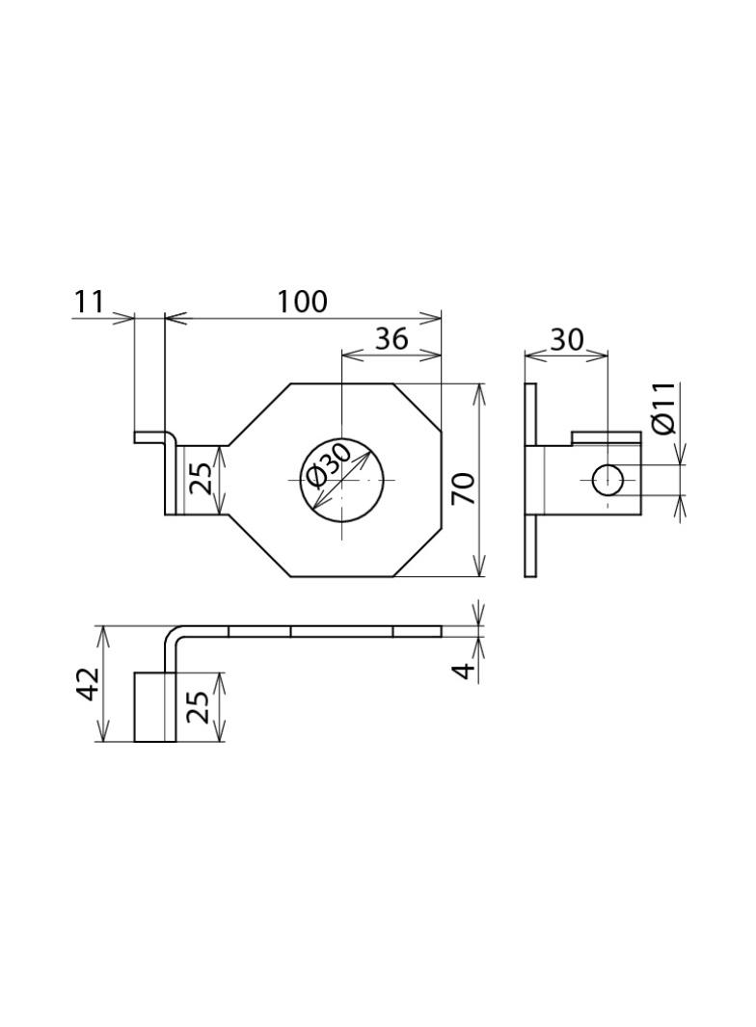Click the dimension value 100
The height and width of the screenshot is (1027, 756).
302,302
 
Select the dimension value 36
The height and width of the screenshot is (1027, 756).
391,338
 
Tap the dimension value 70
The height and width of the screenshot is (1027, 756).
464,488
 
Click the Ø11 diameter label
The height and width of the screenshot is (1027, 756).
663,408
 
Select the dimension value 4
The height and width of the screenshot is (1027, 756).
464,671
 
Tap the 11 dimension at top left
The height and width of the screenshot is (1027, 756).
89,302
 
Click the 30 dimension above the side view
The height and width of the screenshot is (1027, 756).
566,339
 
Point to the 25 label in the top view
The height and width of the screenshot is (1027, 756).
202,479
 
